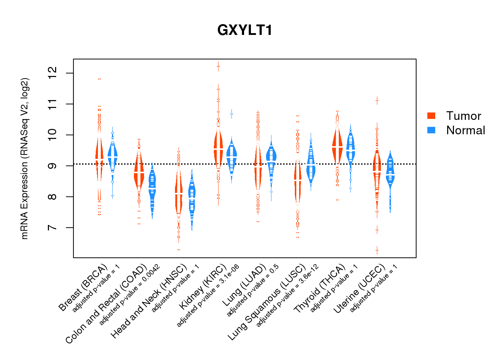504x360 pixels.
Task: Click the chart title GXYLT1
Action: pos(245,30)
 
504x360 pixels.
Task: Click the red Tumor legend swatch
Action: pos(431,116)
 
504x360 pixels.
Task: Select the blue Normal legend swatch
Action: pos(431,130)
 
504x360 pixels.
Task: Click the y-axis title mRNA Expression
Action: pos(24,158)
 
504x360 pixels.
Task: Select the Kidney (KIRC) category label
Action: pos(203,287)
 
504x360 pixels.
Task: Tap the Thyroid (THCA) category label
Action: pos(320,288)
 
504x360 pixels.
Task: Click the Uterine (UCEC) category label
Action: pos(360,288)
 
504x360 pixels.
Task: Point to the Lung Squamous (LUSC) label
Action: pos(267,302)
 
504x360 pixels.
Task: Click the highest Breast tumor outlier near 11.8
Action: pos(99,79)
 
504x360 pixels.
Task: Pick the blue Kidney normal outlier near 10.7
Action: pos(231,114)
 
